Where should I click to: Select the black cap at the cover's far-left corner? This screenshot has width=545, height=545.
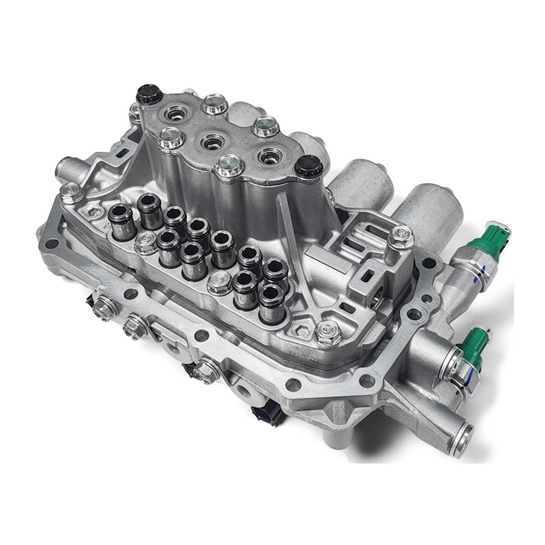(149, 94)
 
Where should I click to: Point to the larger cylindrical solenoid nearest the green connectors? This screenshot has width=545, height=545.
(429, 208)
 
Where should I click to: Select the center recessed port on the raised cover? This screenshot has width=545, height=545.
(210, 142)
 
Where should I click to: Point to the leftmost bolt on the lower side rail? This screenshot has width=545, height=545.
(104, 309)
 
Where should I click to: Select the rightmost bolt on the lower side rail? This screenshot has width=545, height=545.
(204, 372)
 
